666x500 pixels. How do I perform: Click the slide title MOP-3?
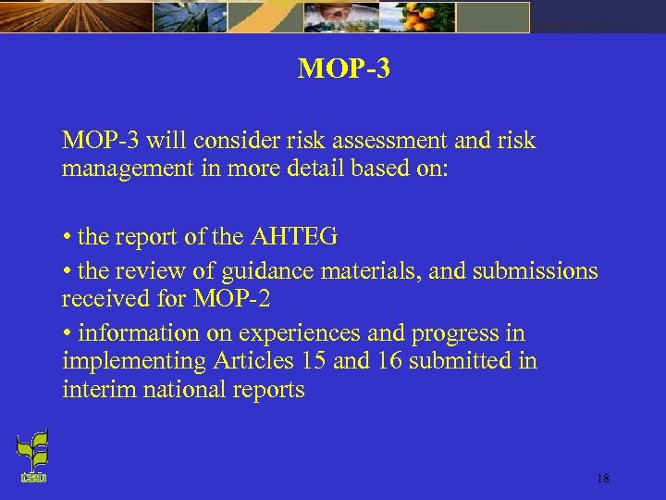pyautogui.click(x=343, y=69)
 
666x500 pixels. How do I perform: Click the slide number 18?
pyautogui.click(x=603, y=479)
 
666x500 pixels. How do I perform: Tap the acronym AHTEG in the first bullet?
pyautogui.click(x=294, y=237)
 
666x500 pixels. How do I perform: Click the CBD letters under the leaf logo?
pyautogui.click(x=32, y=478)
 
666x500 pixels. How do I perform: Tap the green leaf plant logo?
pyautogui.click(x=32, y=450)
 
